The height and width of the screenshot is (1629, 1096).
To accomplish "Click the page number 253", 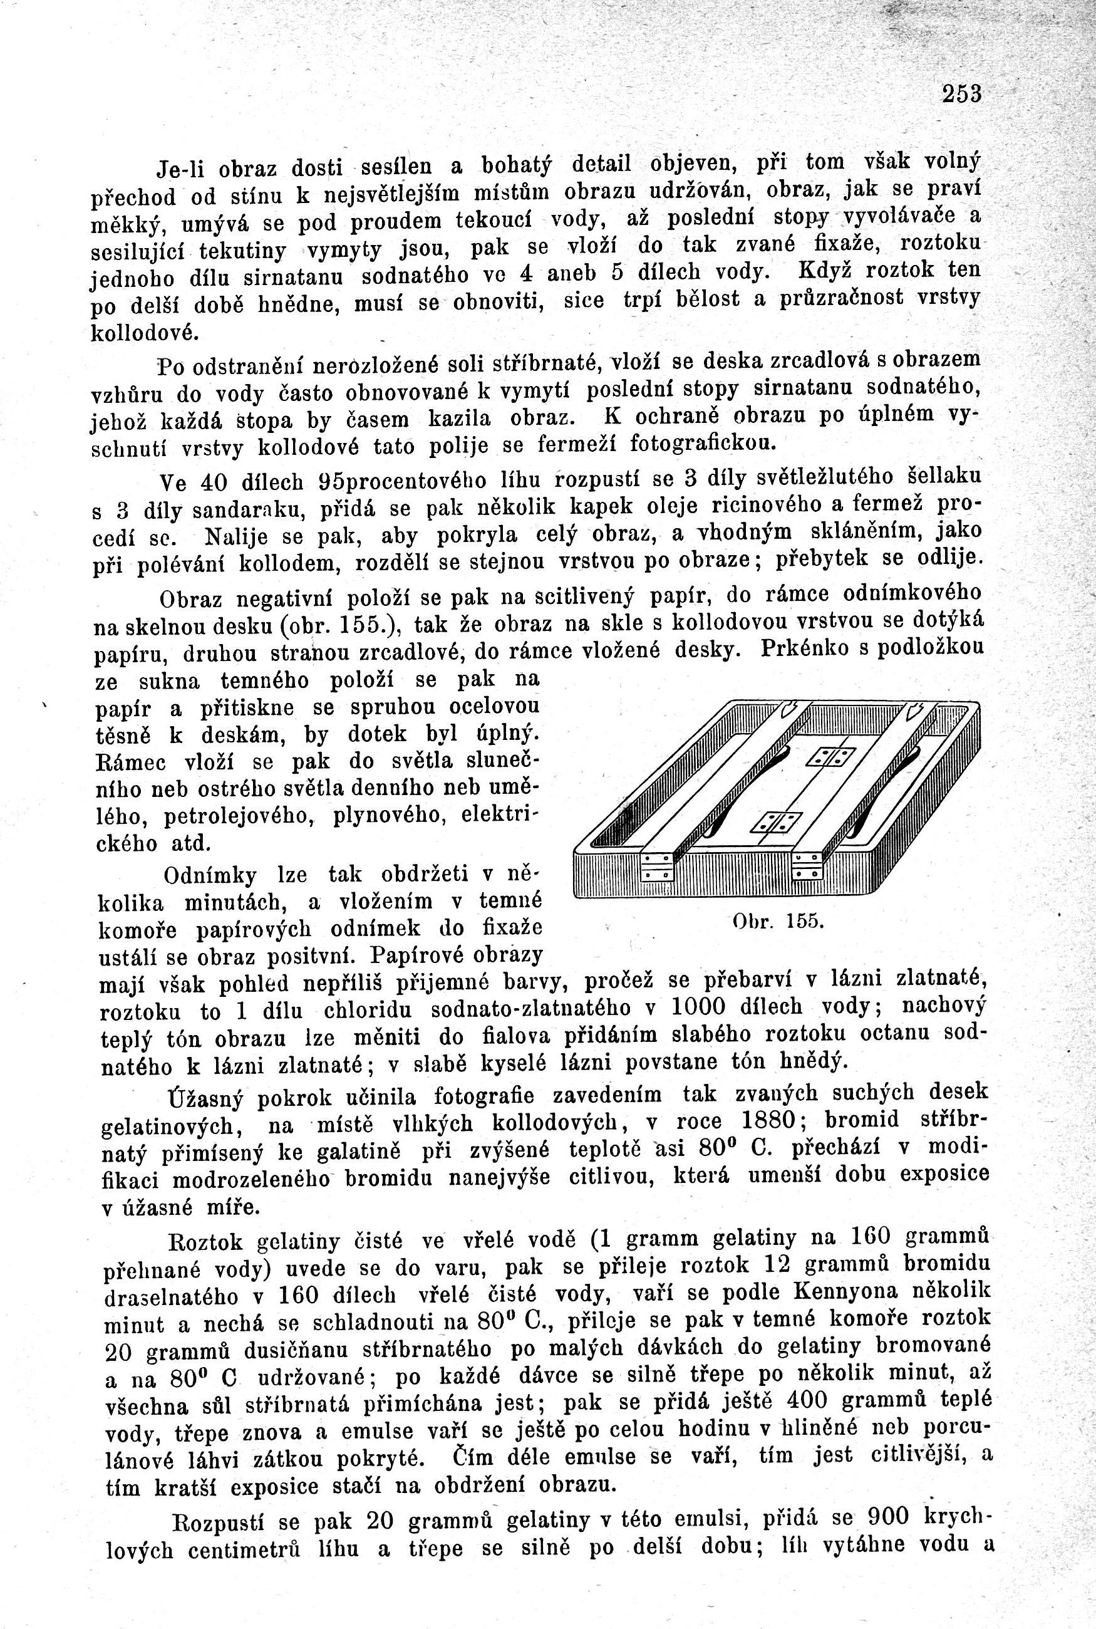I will (962, 93).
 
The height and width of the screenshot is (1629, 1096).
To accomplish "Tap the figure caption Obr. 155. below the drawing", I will (779, 921).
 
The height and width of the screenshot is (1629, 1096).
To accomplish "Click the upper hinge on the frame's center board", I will (830, 757).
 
